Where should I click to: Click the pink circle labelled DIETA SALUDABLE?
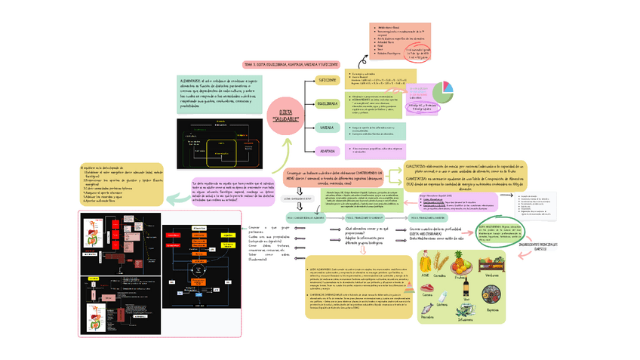pos(285,116)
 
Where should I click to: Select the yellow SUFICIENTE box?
pos(327,79)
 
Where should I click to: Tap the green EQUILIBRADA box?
pos(327,103)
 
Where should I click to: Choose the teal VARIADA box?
pos(327,128)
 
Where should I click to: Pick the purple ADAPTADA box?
pos(327,151)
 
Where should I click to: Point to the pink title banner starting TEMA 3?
pos(291,65)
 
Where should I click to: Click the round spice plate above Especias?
pos(492,298)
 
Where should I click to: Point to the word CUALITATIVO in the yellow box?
pos(417,165)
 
